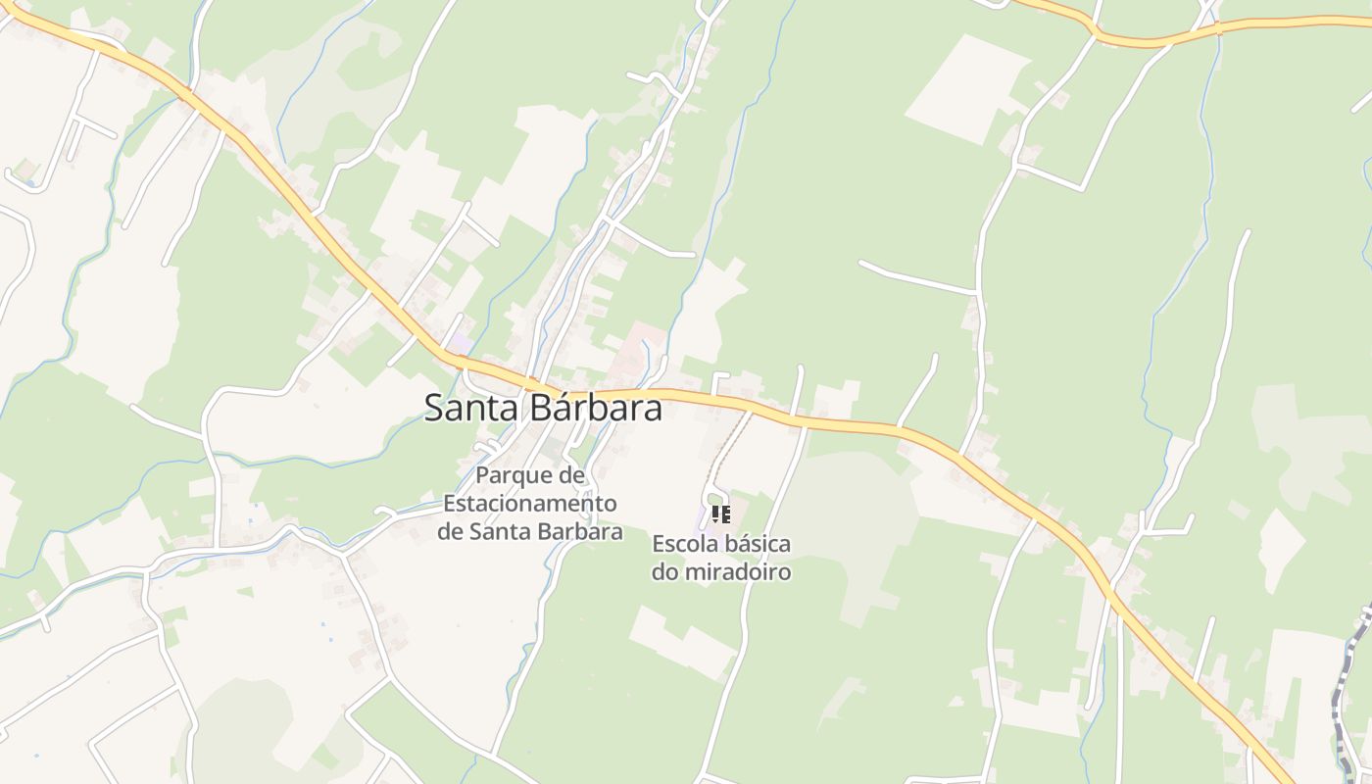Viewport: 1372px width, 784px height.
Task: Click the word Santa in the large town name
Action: coord(473,408)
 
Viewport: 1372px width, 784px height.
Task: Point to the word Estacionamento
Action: coord(530,504)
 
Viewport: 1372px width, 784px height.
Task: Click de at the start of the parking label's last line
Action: coord(450,532)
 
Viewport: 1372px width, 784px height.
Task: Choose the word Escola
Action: coord(683,544)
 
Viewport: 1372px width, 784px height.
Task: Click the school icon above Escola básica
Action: coord(721,514)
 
